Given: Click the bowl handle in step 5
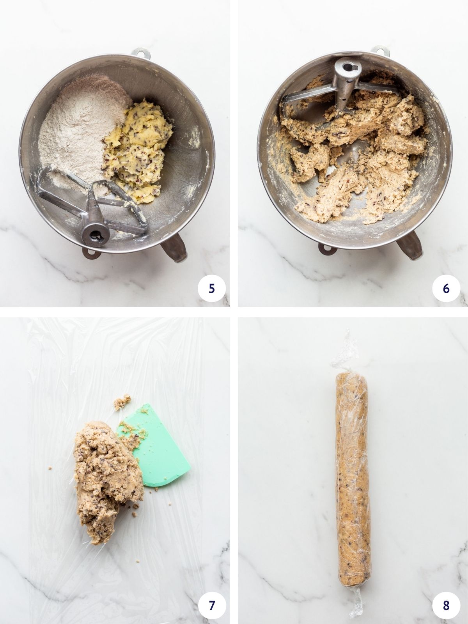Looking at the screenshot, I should pyautogui.click(x=174, y=250).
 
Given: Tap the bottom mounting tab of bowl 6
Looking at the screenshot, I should pyautogui.click(x=326, y=247).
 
